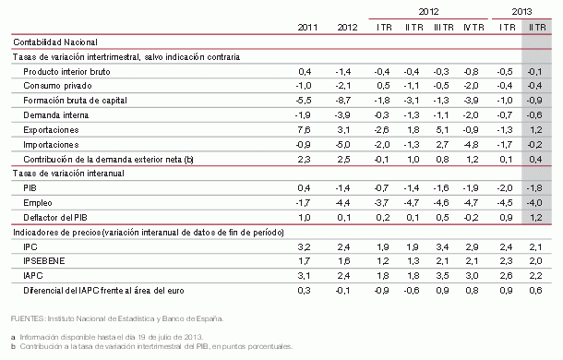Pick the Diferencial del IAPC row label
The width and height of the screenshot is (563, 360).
point(102,290)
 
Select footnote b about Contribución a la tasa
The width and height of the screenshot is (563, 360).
point(152,346)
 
